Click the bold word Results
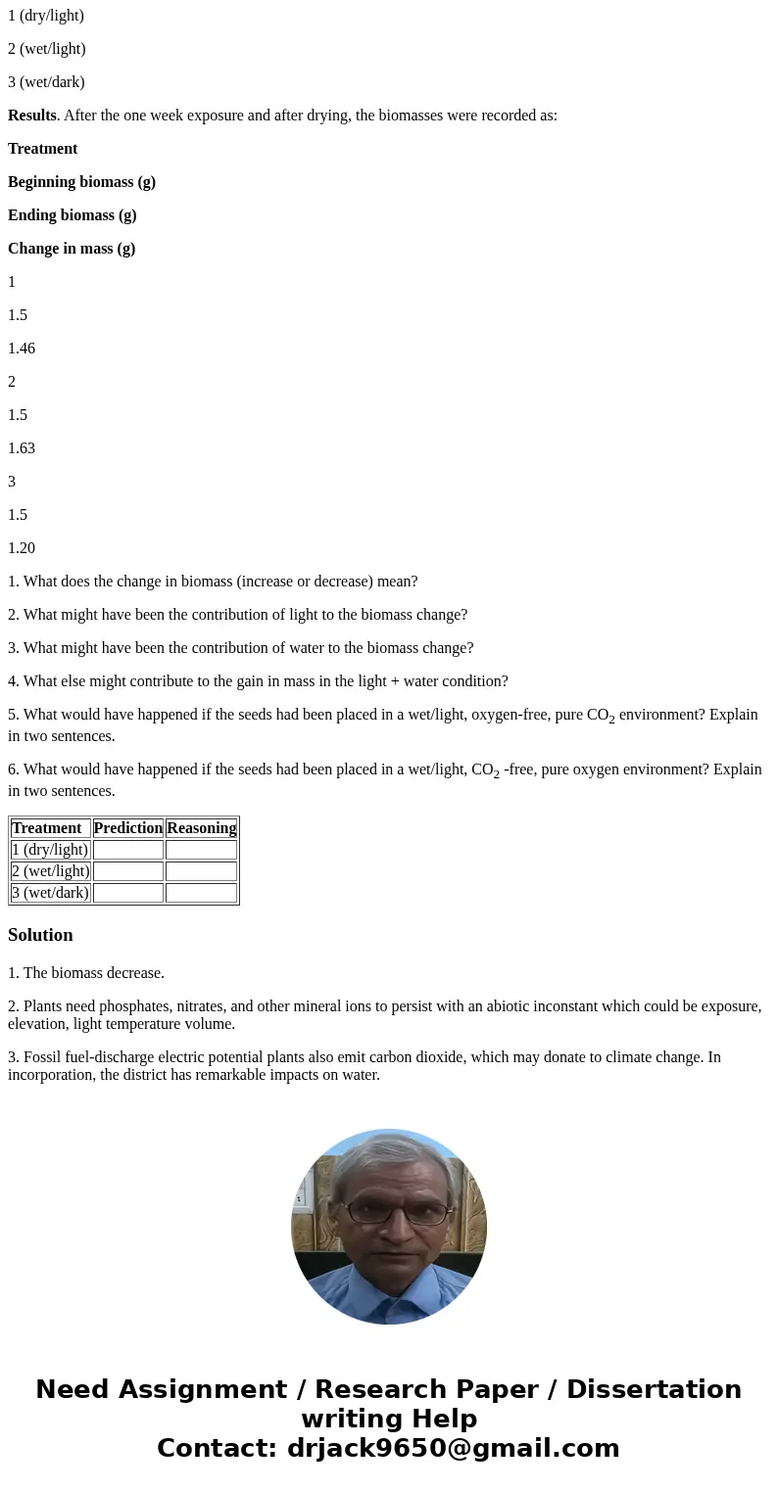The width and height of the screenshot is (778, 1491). [31, 116]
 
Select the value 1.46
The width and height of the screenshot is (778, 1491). [22, 349]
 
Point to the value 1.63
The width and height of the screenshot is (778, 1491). [22, 448]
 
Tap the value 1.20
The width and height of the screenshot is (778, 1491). [22, 548]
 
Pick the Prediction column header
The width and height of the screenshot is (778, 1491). [128, 828]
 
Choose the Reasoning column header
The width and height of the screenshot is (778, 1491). [201, 828]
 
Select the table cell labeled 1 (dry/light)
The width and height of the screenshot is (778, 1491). [50, 850]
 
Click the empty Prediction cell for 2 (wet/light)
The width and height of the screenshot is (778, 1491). [128, 871]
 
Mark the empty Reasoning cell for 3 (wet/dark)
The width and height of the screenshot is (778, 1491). [201, 893]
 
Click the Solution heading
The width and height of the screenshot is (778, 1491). [40, 935]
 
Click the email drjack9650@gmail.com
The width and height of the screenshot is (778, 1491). [453, 1448]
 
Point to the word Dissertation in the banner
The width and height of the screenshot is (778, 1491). [654, 1389]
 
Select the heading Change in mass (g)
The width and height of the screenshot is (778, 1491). [72, 249]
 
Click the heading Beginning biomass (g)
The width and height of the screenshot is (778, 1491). [81, 182]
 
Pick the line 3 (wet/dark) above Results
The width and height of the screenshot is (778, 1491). [46, 82]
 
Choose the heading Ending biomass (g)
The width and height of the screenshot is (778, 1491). [72, 215]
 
